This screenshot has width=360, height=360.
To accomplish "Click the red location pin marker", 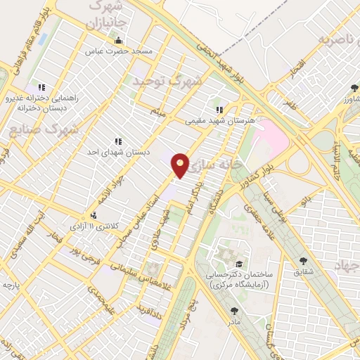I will pyautogui.click(x=181, y=165).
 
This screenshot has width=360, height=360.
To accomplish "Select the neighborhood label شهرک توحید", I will pyautogui.click(x=167, y=81).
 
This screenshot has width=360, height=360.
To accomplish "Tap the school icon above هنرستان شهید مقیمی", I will pyautogui.click(x=219, y=110).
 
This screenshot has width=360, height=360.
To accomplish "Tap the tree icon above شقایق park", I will pyautogui.click(x=304, y=260).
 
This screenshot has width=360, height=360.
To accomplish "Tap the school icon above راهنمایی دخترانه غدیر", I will pyautogui.click(x=42, y=87).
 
